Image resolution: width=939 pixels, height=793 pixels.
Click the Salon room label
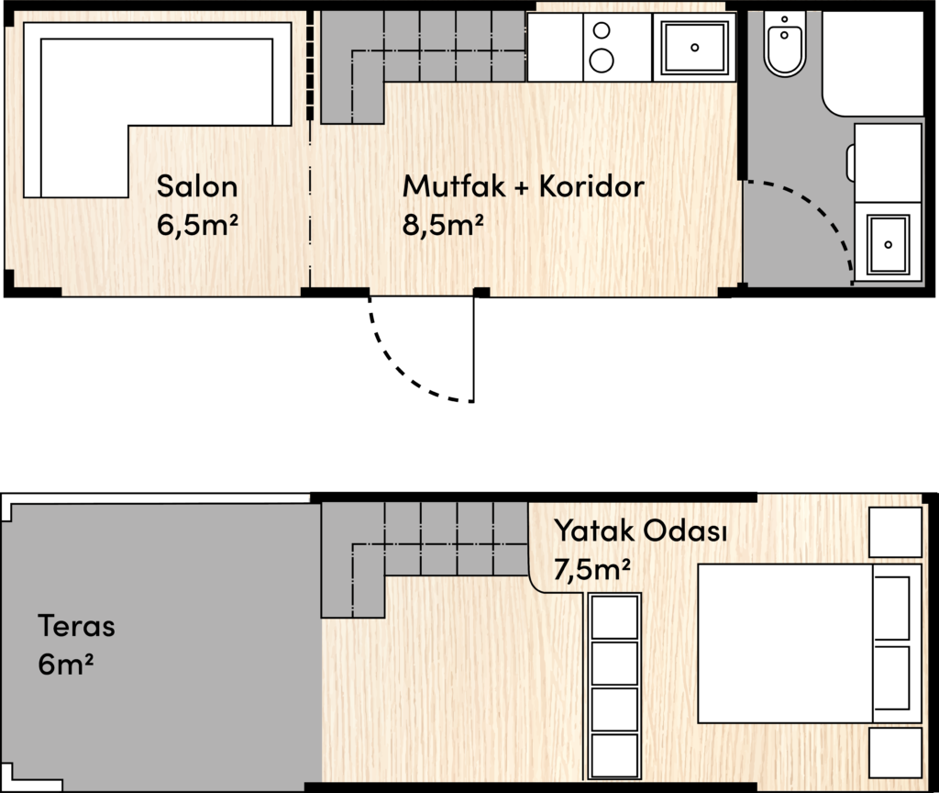[x=197, y=186]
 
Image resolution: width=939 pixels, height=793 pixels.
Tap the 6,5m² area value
[x=197, y=225]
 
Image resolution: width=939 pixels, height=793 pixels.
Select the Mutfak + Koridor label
[x=524, y=186]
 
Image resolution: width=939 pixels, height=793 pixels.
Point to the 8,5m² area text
[x=443, y=225]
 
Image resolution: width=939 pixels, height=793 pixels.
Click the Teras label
[x=77, y=626]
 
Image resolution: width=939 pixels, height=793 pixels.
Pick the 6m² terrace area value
[x=65, y=665]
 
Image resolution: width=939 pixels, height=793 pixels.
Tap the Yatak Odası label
[x=640, y=531]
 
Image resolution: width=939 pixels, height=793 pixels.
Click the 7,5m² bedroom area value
[x=591, y=569]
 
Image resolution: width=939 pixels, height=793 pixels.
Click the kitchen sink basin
[x=694, y=47]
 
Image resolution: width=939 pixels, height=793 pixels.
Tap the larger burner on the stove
[x=602, y=60]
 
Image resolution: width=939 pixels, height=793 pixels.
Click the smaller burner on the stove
[x=602, y=30]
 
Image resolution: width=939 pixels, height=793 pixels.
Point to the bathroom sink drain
[x=888, y=244]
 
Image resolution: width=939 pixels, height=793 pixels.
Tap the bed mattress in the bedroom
[x=785, y=643]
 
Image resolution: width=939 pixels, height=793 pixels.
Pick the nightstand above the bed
[x=895, y=532]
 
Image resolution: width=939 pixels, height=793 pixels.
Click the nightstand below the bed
[x=895, y=753]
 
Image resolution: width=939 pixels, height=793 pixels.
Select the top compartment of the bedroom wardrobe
[x=614, y=617]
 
